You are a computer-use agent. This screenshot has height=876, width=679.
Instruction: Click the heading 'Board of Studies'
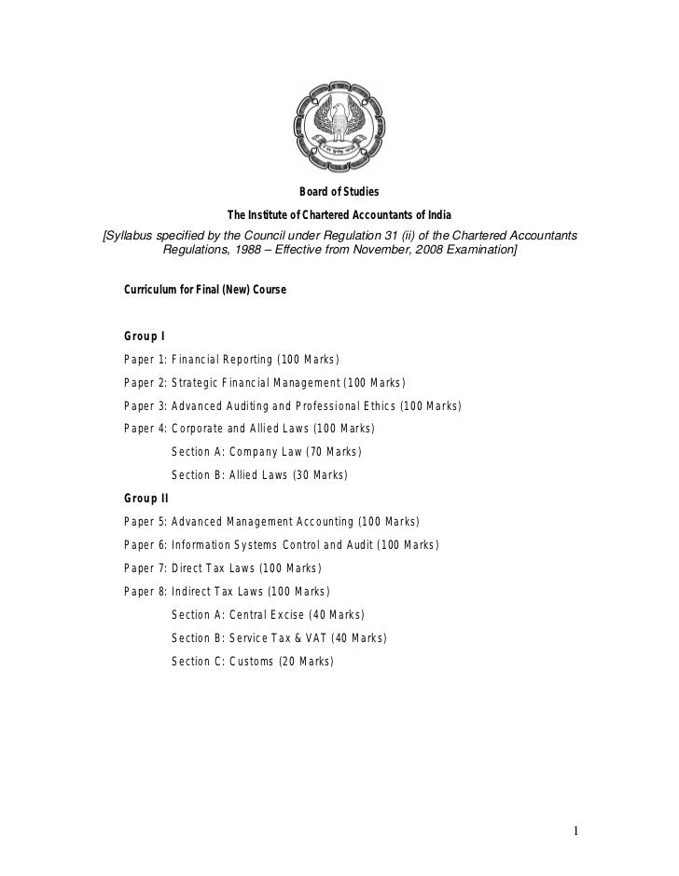point(339,192)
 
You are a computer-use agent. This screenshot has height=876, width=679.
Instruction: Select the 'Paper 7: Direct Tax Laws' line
point(222,568)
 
